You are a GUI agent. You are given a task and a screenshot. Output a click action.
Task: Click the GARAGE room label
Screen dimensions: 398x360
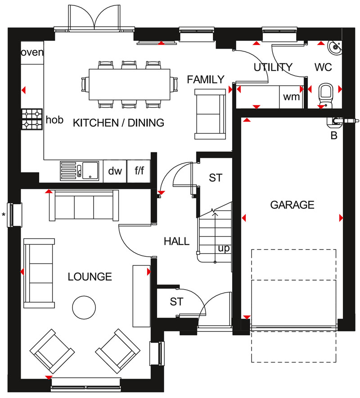coord(292,205)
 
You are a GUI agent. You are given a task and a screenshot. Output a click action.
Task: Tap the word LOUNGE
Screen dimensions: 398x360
coord(90,277)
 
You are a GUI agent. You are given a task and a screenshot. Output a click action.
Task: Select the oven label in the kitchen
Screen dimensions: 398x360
coord(32,52)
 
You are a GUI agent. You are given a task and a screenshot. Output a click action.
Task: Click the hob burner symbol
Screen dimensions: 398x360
coord(31,118)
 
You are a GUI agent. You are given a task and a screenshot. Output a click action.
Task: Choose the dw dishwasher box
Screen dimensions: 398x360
coord(115,171)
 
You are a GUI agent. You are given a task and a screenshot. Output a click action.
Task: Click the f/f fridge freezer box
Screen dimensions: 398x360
coord(139,171)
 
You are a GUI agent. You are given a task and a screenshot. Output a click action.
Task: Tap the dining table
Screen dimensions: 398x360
coord(129,84)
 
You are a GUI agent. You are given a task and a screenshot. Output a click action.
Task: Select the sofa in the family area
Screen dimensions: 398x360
coord(210,113)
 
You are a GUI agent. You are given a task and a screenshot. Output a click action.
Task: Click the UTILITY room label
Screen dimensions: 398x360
coord(273,67)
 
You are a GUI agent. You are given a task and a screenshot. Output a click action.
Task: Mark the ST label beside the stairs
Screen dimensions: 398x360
coord(216,178)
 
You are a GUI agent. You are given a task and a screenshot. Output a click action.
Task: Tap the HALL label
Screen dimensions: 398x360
coord(176,241)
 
